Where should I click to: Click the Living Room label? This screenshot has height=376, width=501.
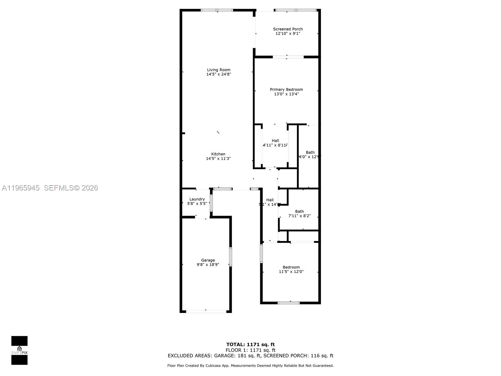click(219, 70)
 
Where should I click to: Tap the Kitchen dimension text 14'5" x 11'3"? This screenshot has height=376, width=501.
click(218, 159)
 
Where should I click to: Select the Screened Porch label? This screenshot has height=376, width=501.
click(288, 29)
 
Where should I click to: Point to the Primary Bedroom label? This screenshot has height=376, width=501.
click(286, 90)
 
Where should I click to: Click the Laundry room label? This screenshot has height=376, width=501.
click(197, 199)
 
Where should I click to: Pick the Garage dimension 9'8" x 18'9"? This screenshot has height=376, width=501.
click(208, 264)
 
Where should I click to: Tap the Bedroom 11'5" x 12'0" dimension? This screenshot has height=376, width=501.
click(291, 272)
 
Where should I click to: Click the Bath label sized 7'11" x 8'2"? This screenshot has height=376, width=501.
click(299, 211)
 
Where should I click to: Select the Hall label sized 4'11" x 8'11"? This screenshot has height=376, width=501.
click(275, 141)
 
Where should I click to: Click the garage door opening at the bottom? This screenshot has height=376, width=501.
click(206, 311)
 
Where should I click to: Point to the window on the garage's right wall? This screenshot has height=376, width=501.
click(230, 257)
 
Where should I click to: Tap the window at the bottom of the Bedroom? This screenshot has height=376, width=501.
click(289, 303)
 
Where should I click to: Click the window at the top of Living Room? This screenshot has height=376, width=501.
click(217, 10)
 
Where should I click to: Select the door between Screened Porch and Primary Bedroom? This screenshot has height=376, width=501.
click(288, 57)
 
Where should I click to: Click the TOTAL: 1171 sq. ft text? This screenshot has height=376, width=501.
click(250, 345)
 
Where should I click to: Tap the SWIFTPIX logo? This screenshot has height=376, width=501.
click(19, 350)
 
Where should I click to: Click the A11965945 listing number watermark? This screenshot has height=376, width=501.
click(21, 188)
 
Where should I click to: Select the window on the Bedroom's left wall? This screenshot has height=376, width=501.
click(261, 253)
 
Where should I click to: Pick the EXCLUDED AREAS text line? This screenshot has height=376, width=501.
click(250, 356)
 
